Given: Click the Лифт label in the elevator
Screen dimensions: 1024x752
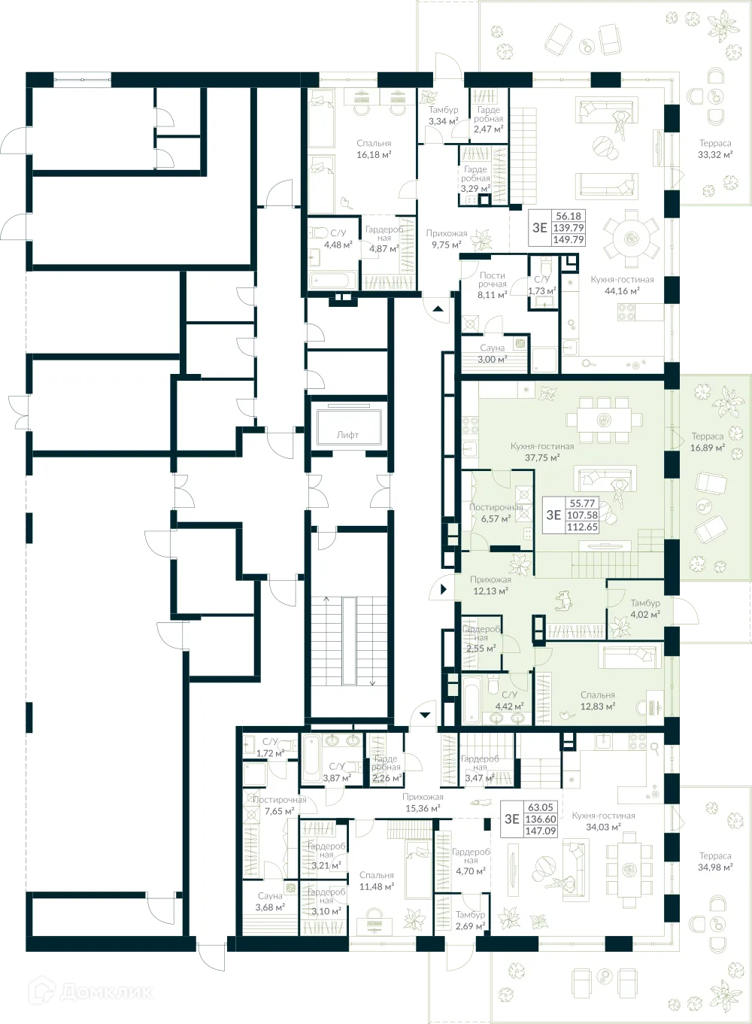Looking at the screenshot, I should (x=347, y=434).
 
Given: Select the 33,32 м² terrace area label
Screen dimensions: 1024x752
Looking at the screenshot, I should (x=714, y=149).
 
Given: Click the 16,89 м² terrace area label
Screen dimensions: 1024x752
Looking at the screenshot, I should (x=707, y=442).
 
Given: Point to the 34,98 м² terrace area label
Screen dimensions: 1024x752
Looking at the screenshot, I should (x=714, y=861).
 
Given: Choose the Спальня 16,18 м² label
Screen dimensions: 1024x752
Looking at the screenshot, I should (x=374, y=149).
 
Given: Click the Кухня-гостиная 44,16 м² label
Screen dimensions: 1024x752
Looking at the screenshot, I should (x=622, y=285).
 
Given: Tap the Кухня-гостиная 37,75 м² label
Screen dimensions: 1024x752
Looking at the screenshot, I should (x=541, y=451).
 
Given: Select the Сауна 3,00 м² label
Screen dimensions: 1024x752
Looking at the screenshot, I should (x=493, y=354).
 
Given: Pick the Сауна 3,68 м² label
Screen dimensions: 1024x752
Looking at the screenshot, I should (x=270, y=901).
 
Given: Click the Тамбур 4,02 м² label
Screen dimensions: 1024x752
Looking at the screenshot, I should (x=645, y=609).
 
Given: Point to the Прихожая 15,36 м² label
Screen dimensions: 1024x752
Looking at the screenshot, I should (x=423, y=803).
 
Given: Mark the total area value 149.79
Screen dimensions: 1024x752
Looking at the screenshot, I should (x=569, y=240).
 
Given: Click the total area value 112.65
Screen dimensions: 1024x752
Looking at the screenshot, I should (x=582, y=527).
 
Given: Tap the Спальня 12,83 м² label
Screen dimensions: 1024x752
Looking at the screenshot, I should (x=598, y=701).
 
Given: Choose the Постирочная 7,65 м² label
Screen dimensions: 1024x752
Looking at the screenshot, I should (x=279, y=806).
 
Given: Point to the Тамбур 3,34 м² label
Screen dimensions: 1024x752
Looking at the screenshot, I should (x=443, y=115).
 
